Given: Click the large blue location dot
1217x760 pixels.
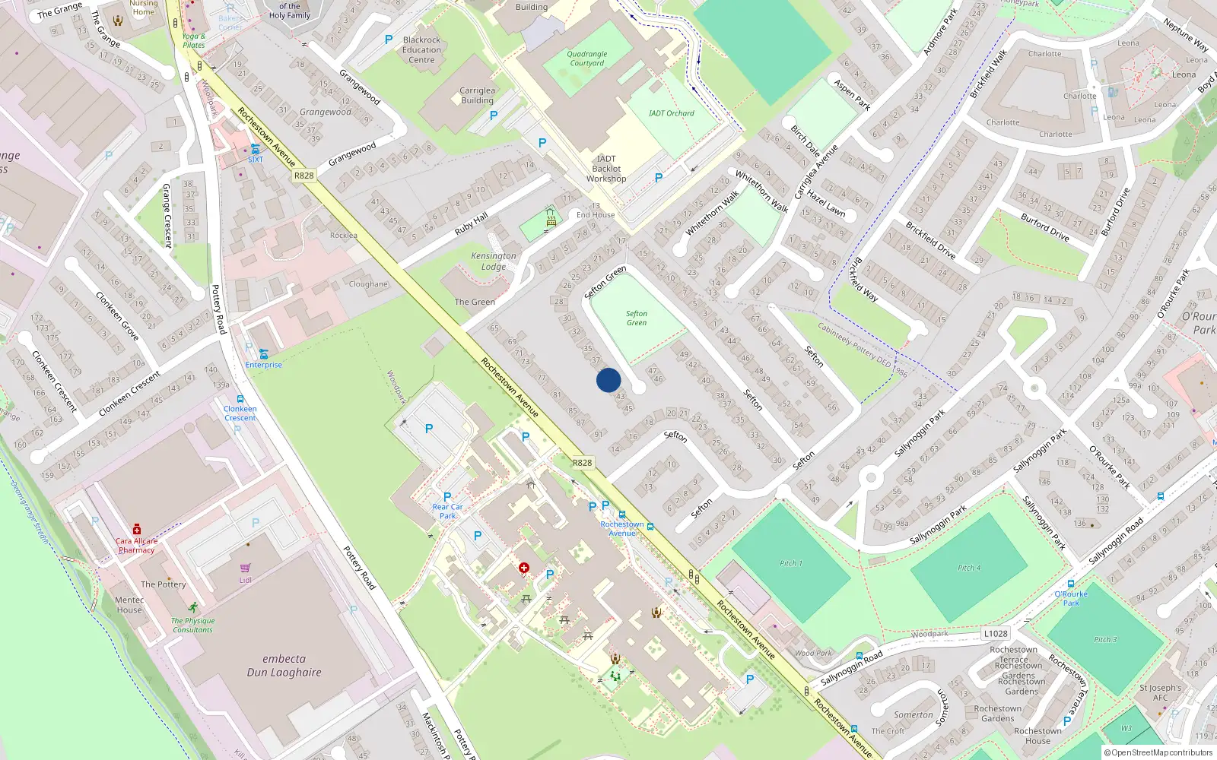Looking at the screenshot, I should (x=608, y=380).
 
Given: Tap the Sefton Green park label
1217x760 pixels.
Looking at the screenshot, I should (x=637, y=318).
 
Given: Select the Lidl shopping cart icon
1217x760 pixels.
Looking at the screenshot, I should (x=245, y=568).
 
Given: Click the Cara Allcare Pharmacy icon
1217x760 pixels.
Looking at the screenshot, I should (x=137, y=529).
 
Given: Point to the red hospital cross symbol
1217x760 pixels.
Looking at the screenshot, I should (x=524, y=568).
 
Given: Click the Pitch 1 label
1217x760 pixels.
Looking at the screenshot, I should (x=791, y=563).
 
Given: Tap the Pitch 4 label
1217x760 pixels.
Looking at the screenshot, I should (x=969, y=568).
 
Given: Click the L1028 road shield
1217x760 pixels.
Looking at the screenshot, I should (x=996, y=633).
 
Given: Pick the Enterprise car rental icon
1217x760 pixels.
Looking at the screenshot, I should (x=264, y=354).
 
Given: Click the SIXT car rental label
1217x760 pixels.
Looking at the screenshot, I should (x=256, y=160).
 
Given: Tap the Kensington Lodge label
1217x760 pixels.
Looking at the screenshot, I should (x=493, y=261).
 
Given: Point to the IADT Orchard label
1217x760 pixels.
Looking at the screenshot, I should (x=671, y=113).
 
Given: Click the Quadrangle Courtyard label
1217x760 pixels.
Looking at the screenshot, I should (x=587, y=59).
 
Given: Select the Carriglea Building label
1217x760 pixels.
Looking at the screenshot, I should (x=477, y=95).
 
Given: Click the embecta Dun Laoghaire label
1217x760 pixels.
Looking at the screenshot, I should (x=284, y=666).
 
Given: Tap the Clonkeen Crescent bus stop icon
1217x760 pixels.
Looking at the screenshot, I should (x=240, y=399).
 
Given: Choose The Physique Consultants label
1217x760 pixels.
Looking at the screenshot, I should (x=192, y=625).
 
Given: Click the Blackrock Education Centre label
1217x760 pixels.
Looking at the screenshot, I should (x=422, y=49).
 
